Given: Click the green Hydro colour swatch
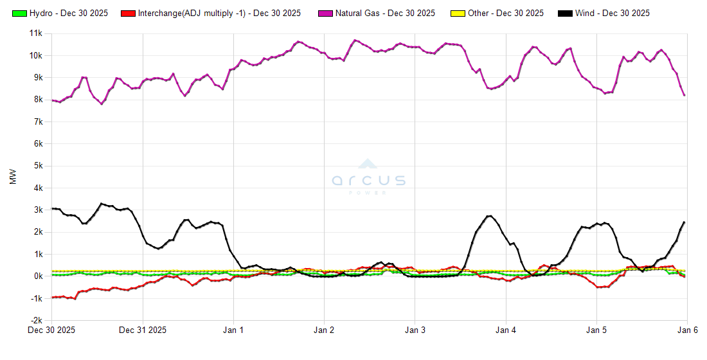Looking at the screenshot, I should pos(19,13).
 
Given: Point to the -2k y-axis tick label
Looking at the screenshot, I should pos(35,320).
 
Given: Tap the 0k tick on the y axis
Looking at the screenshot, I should pos(37,276).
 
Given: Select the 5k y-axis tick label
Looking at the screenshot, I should pos(37,165).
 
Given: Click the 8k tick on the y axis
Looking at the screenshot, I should pos(37,99).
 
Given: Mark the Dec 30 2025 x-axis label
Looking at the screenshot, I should pos(51,330).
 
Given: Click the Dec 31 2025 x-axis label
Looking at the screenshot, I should pos(143,330).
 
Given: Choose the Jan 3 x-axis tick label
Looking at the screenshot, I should pos(415,330).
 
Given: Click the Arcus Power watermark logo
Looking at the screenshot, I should pos(369,177).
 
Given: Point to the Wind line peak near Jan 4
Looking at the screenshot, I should pos(489,216).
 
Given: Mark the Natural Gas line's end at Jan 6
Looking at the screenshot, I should pos(685,95).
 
